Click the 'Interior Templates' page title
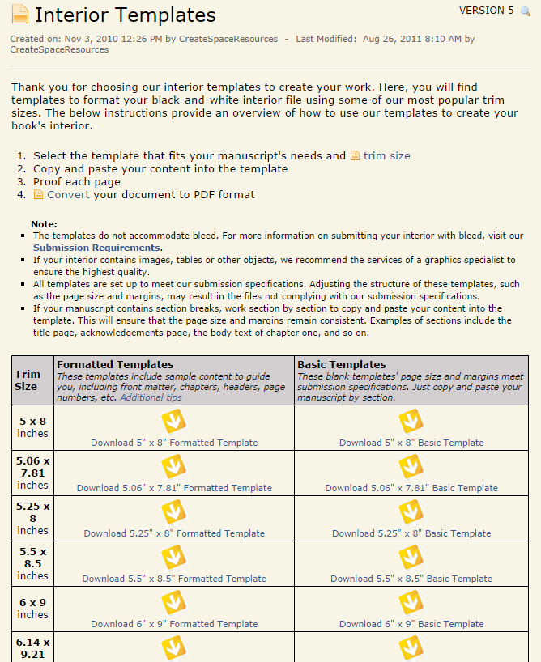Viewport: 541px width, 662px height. click(126, 15)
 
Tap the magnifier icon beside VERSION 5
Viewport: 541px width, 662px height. click(526, 11)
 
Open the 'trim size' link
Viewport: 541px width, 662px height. click(386, 155)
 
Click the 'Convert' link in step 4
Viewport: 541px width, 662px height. click(68, 194)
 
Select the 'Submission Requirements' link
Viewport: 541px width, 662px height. click(96, 248)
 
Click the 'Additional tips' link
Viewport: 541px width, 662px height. click(151, 397)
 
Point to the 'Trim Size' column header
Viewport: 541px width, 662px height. click(27, 380)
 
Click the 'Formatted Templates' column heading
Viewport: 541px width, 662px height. click(115, 365)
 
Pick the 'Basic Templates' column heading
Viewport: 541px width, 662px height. click(341, 365)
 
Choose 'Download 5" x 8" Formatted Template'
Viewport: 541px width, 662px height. click(174, 443)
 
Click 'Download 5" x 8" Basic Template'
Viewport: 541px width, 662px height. click(411, 443)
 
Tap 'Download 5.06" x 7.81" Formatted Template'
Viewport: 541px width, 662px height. click(174, 488)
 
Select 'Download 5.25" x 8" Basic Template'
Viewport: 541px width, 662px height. click(411, 533)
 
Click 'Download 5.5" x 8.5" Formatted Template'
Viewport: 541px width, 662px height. click(174, 579)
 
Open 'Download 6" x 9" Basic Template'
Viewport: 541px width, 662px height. click(411, 624)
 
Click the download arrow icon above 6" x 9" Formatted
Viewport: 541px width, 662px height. click(174, 603)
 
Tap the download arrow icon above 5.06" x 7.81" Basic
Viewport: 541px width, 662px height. click(411, 467)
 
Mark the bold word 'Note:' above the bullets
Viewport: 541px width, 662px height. click(45, 223)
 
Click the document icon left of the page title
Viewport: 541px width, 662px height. click(19, 15)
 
